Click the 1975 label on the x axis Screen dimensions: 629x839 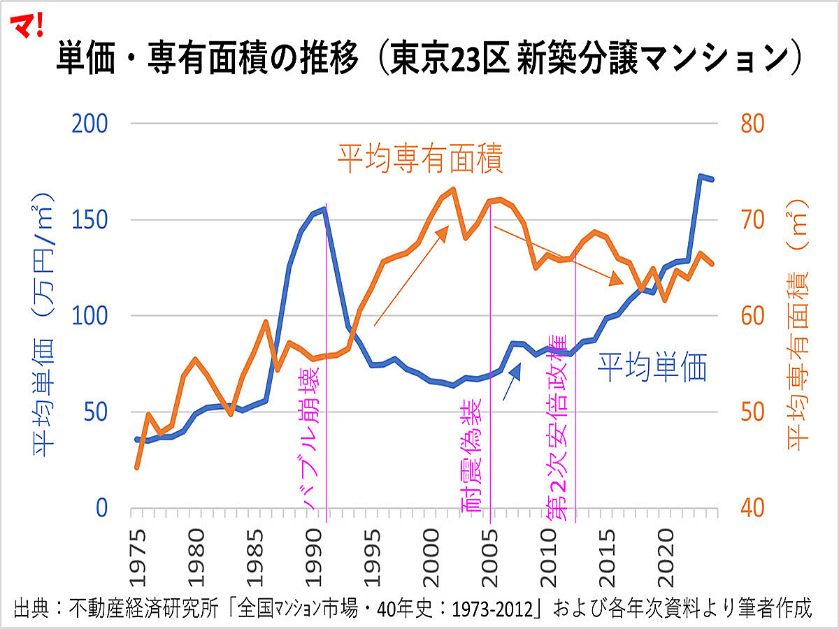[138, 552]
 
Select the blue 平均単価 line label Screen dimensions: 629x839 [652, 367]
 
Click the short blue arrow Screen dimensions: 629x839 [512, 385]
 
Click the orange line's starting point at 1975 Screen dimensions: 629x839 [137, 468]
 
